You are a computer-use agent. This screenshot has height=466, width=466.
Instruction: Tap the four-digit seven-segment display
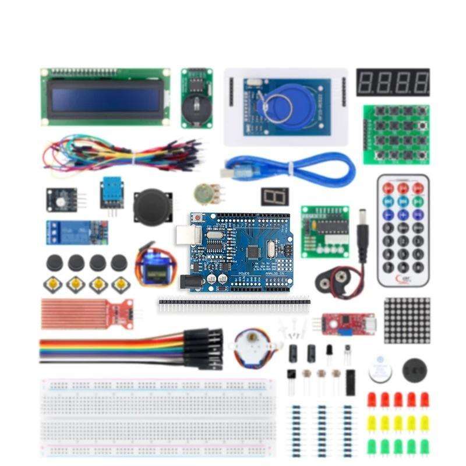click(393, 83)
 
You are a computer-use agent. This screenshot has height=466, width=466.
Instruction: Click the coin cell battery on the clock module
click(196, 107)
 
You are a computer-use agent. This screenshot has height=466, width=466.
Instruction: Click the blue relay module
click(76, 231)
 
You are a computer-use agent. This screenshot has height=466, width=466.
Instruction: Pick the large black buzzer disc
click(416, 369)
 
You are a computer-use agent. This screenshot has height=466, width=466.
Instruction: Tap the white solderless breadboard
click(157, 416)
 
